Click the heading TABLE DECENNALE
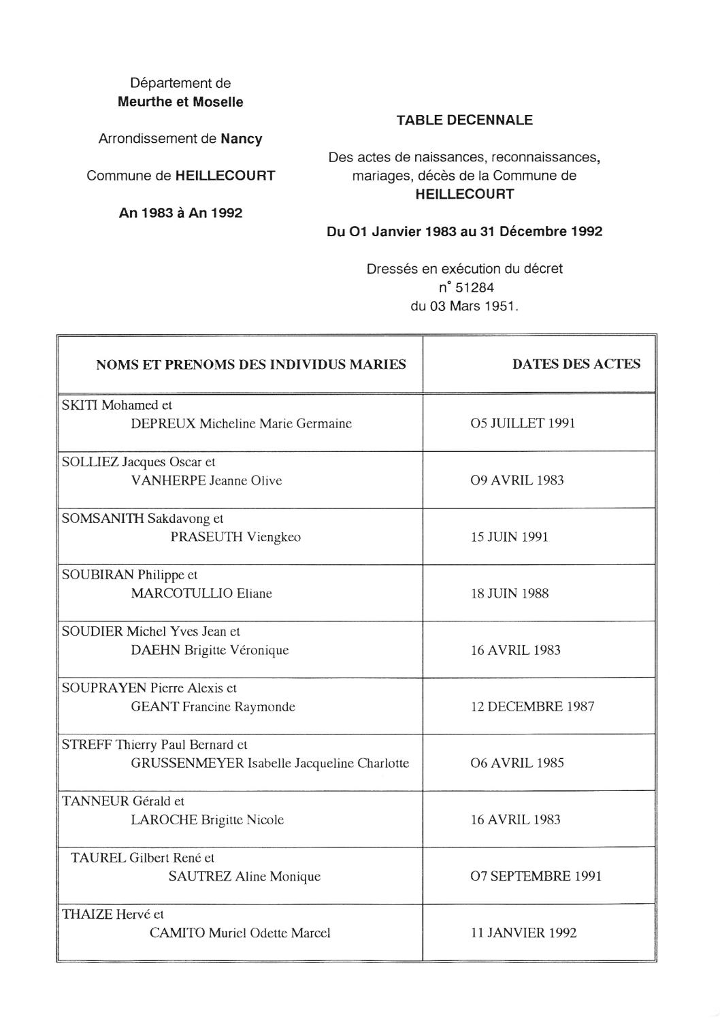[464, 120]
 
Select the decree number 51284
[474, 287]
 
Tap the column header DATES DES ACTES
[576, 364]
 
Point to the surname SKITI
[80, 406]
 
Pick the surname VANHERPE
[168, 481]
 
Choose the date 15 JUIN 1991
[509, 537]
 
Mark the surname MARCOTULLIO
[182, 594]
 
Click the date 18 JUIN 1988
[509, 594]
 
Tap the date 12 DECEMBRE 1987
[532, 707]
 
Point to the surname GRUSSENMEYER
[187, 764]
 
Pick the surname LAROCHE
[164, 820]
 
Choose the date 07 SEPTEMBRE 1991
[536, 876]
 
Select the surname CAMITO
[177, 933]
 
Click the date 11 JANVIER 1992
[523, 933]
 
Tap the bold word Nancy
[241, 139]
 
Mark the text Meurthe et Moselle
[180, 102]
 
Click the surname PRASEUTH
[206, 537]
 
